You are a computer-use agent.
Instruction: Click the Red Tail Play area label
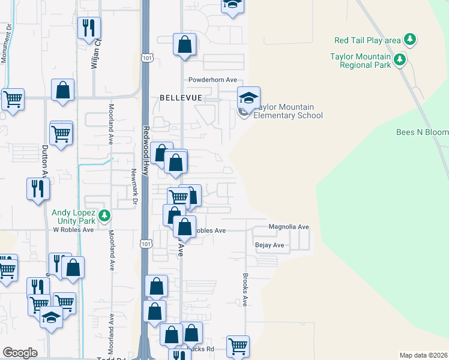(367, 40)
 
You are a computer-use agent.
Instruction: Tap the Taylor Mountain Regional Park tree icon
(398, 59)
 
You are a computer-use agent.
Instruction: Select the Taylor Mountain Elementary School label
(288, 111)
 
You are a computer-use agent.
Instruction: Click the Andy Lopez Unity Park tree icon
(105, 215)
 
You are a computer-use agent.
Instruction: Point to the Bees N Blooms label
(423, 132)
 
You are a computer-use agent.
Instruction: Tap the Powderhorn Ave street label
(213, 80)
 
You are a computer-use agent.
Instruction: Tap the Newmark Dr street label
(133, 184)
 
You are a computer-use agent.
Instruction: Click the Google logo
(20, 353)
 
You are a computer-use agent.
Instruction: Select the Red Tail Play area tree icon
(410, 40)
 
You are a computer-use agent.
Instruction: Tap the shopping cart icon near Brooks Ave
(238, 345)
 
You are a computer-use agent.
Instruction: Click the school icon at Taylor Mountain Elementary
(249, 97)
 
